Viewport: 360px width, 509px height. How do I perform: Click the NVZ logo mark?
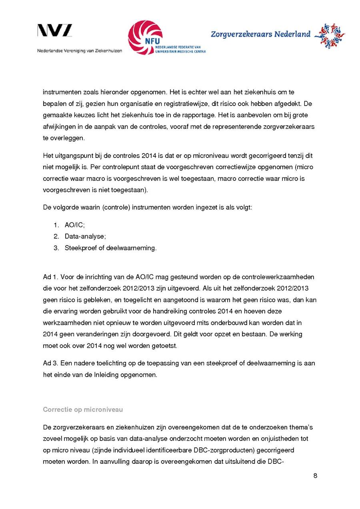pyautogui.click(x=55, y=31)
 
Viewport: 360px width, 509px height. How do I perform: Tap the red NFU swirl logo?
pyautogui.click(x=145, y=38)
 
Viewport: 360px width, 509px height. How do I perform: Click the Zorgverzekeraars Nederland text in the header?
pyautogui.click(x=260, y=34)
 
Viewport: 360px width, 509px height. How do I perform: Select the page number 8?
pyautogui.click(x=315, y=476)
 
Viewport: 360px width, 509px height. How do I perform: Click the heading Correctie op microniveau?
pyautogui.click(x=83, y=409)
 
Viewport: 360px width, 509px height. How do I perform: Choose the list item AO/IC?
pyautogui.click(x=75, y=225)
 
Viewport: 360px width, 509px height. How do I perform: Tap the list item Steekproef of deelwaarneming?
pyautogui.click(x=110, y=248)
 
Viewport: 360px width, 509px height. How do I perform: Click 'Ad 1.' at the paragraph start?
pyautogui.click(x=50, y=277)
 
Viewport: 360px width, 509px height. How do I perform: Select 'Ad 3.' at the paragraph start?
pyautogui.click(x=50, y=363)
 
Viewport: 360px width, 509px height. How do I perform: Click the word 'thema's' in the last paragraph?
pyautogui.click(x=296, y=427)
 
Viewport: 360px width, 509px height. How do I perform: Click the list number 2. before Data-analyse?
pyautogui.click(x=56, y=236)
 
